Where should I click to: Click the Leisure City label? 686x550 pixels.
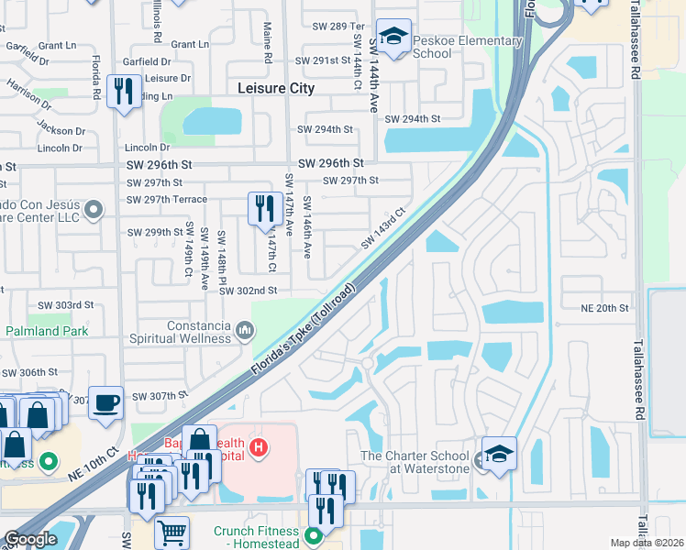[275, 89]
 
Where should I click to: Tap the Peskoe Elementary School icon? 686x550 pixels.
[393, 38]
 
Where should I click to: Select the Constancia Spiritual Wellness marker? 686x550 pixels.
[244, 329]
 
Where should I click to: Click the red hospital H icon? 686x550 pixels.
[260, 447]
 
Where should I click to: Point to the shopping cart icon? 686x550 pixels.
[171, 532]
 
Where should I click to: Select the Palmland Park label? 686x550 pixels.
[48, 331]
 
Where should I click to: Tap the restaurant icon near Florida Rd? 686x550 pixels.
[122, 91]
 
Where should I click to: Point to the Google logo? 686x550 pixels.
[30, 539]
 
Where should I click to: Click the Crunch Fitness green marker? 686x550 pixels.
[314, 534]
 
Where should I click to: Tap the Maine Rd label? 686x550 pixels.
[268, 43]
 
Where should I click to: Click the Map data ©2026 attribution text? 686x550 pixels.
[646, 543]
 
